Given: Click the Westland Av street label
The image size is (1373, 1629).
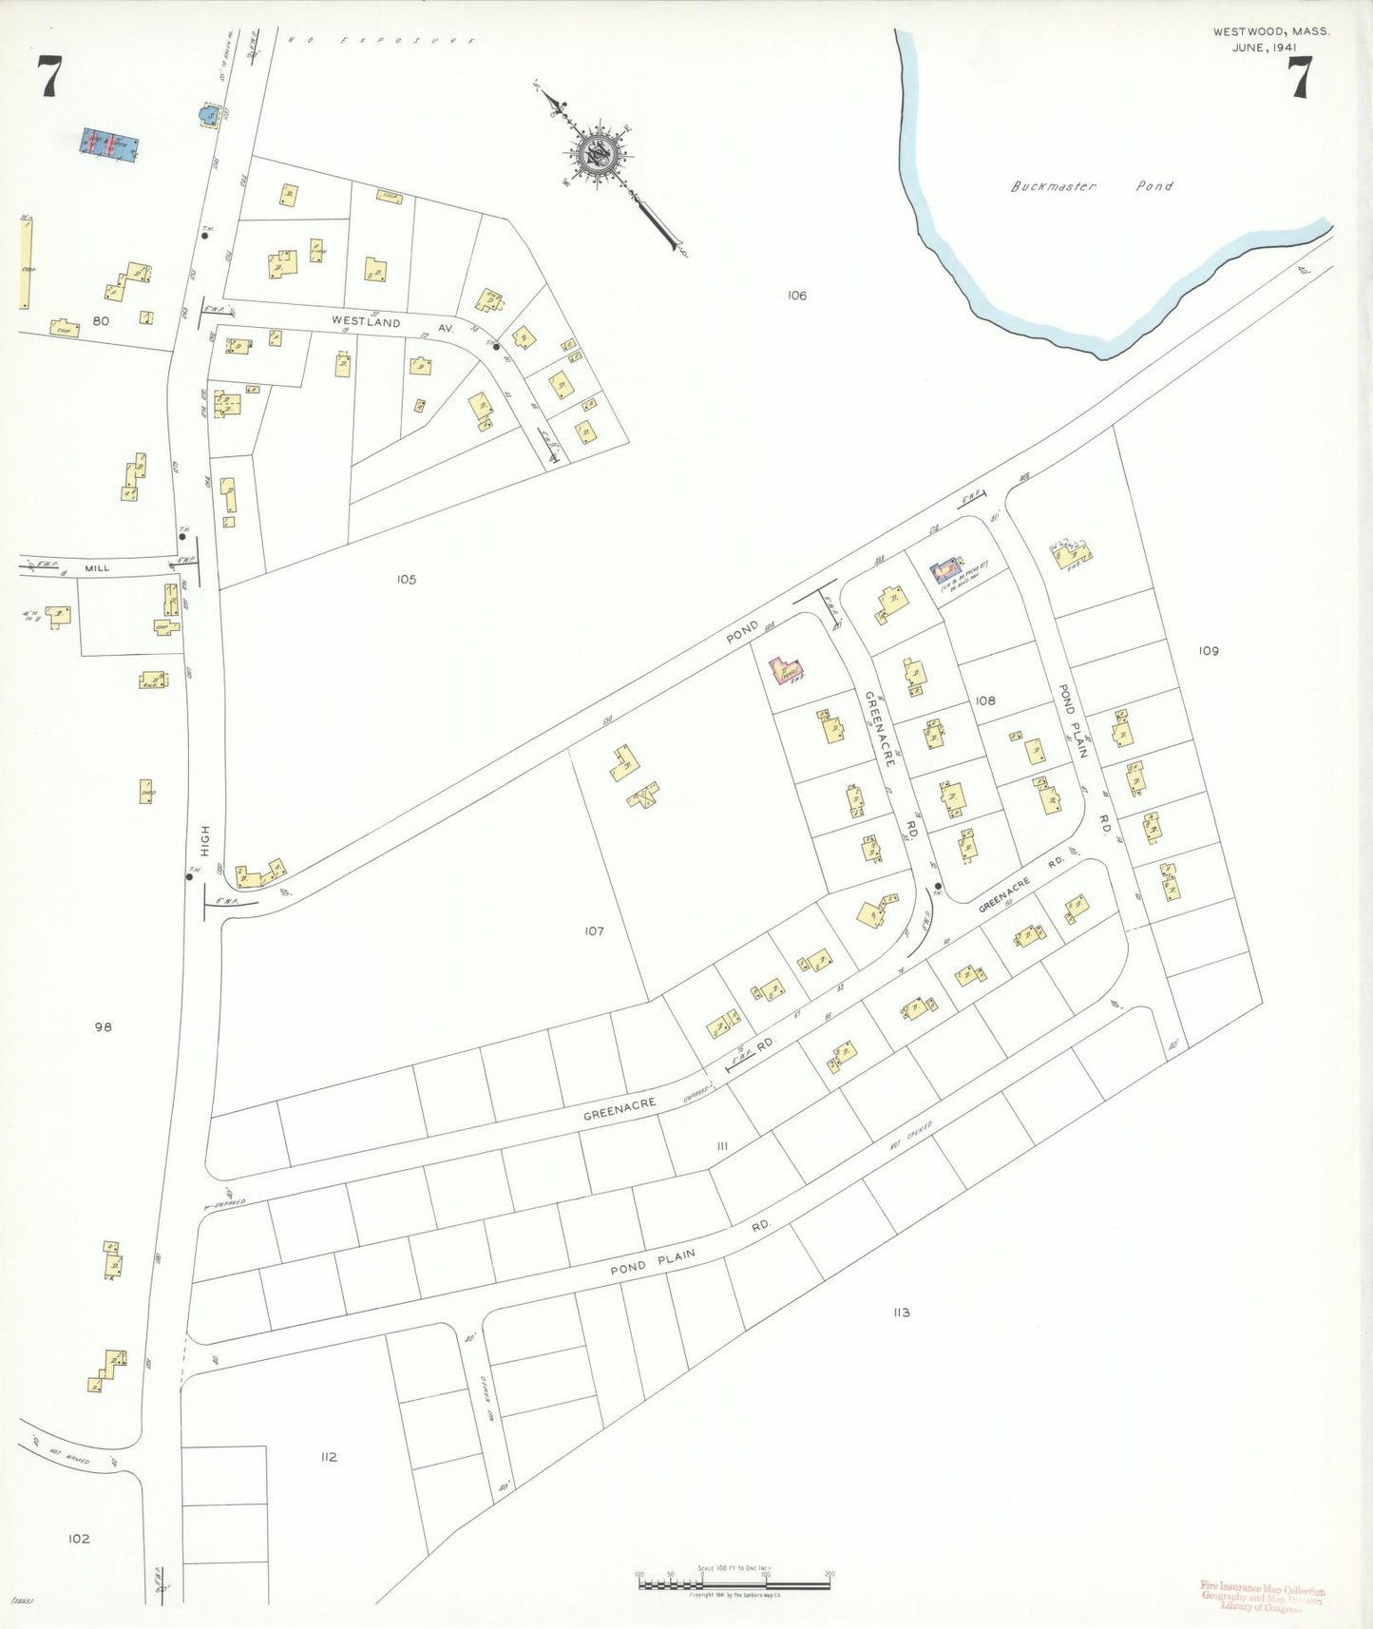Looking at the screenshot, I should pos(379,322).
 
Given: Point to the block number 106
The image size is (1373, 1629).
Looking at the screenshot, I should pos(796,296).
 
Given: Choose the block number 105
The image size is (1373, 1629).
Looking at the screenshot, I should pos(406,579).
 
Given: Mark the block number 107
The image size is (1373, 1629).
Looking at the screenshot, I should pos(594,930).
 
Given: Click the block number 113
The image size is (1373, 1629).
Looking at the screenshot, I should pos(901,1313).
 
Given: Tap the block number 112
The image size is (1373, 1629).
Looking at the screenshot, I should pos(329,1457).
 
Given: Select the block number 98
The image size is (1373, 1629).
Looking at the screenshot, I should pos(104,1026).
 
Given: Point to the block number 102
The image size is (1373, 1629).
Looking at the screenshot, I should pos(79,1539).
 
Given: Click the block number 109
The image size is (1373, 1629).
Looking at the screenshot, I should pos(1208,651).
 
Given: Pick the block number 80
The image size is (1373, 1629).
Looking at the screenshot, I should pos(101,321).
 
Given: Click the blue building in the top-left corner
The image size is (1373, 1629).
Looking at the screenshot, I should pos(109,144).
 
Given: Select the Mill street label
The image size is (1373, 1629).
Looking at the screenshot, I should pos(98,568).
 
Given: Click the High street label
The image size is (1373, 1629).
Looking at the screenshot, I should pos(205,841).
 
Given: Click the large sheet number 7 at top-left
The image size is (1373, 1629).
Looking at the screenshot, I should pos(49,77).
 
